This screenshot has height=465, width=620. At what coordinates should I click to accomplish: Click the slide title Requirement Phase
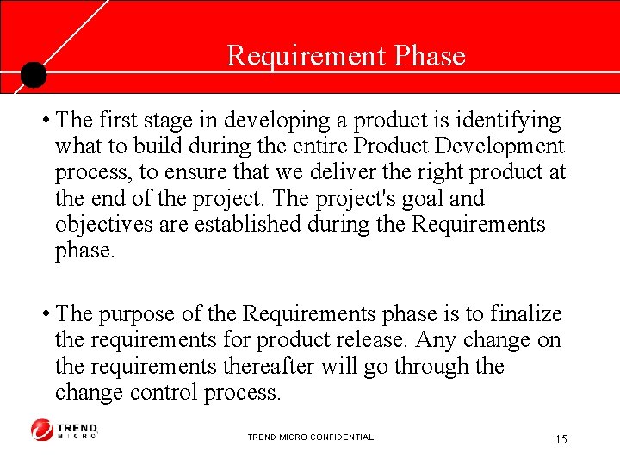(x=345, y=56)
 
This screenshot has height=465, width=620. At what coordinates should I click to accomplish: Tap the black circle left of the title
(x=33, y=75)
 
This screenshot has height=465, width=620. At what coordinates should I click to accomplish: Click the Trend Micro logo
(x=65, y=430)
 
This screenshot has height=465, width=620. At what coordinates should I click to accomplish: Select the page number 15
(x=561, y=439)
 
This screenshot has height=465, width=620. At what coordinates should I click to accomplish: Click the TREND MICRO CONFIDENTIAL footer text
(x=310, y=437)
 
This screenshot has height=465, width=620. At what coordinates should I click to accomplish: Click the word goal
(x=423, y=199)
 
